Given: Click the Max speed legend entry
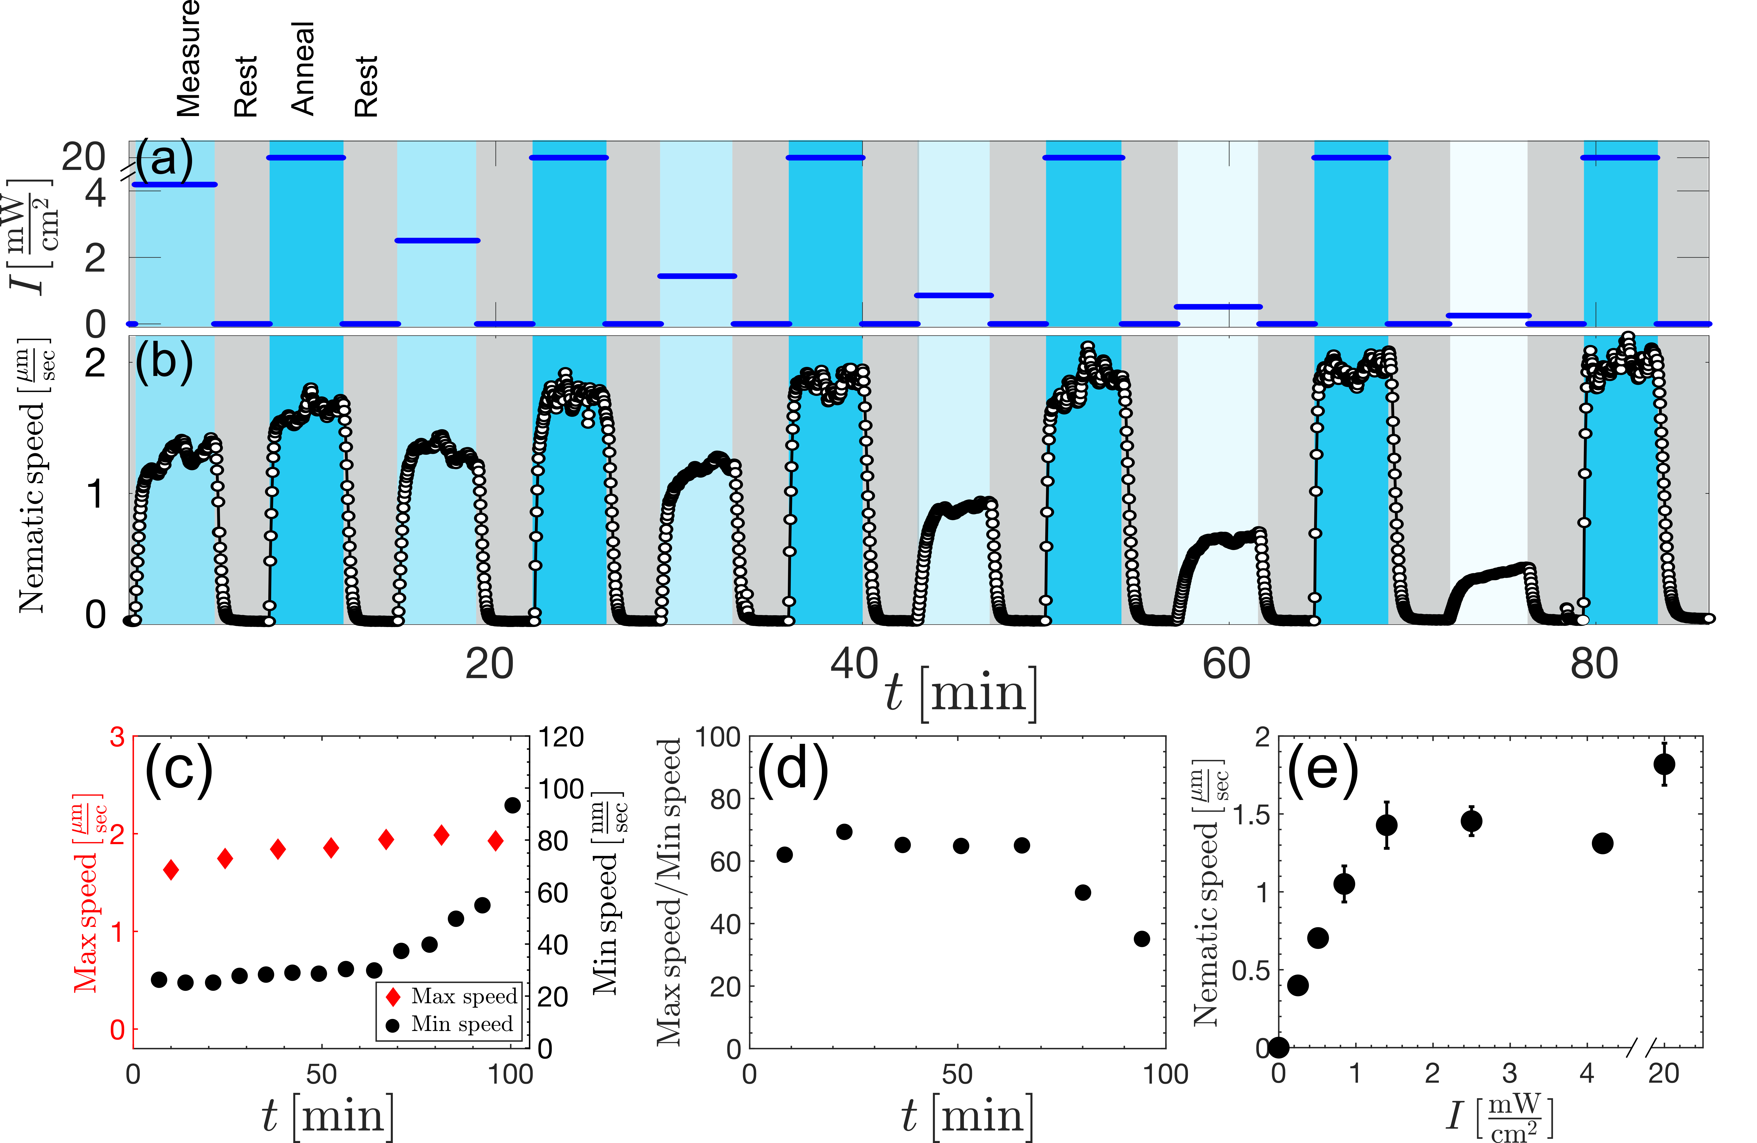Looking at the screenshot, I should [x=450, y=997].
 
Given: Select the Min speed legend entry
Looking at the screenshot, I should [x=450, y=1024].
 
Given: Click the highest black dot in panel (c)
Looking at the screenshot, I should [x=512, y=805].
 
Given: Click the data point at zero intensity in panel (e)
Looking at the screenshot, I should [x=1279, y=1047].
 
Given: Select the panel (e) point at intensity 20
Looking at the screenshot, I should [x=1664, y=764].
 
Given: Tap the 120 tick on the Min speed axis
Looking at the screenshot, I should [x=561, y=737].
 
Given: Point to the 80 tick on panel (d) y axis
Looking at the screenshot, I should [x=725, y=799].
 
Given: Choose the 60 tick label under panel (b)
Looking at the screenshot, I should [x=1226, y=664].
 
